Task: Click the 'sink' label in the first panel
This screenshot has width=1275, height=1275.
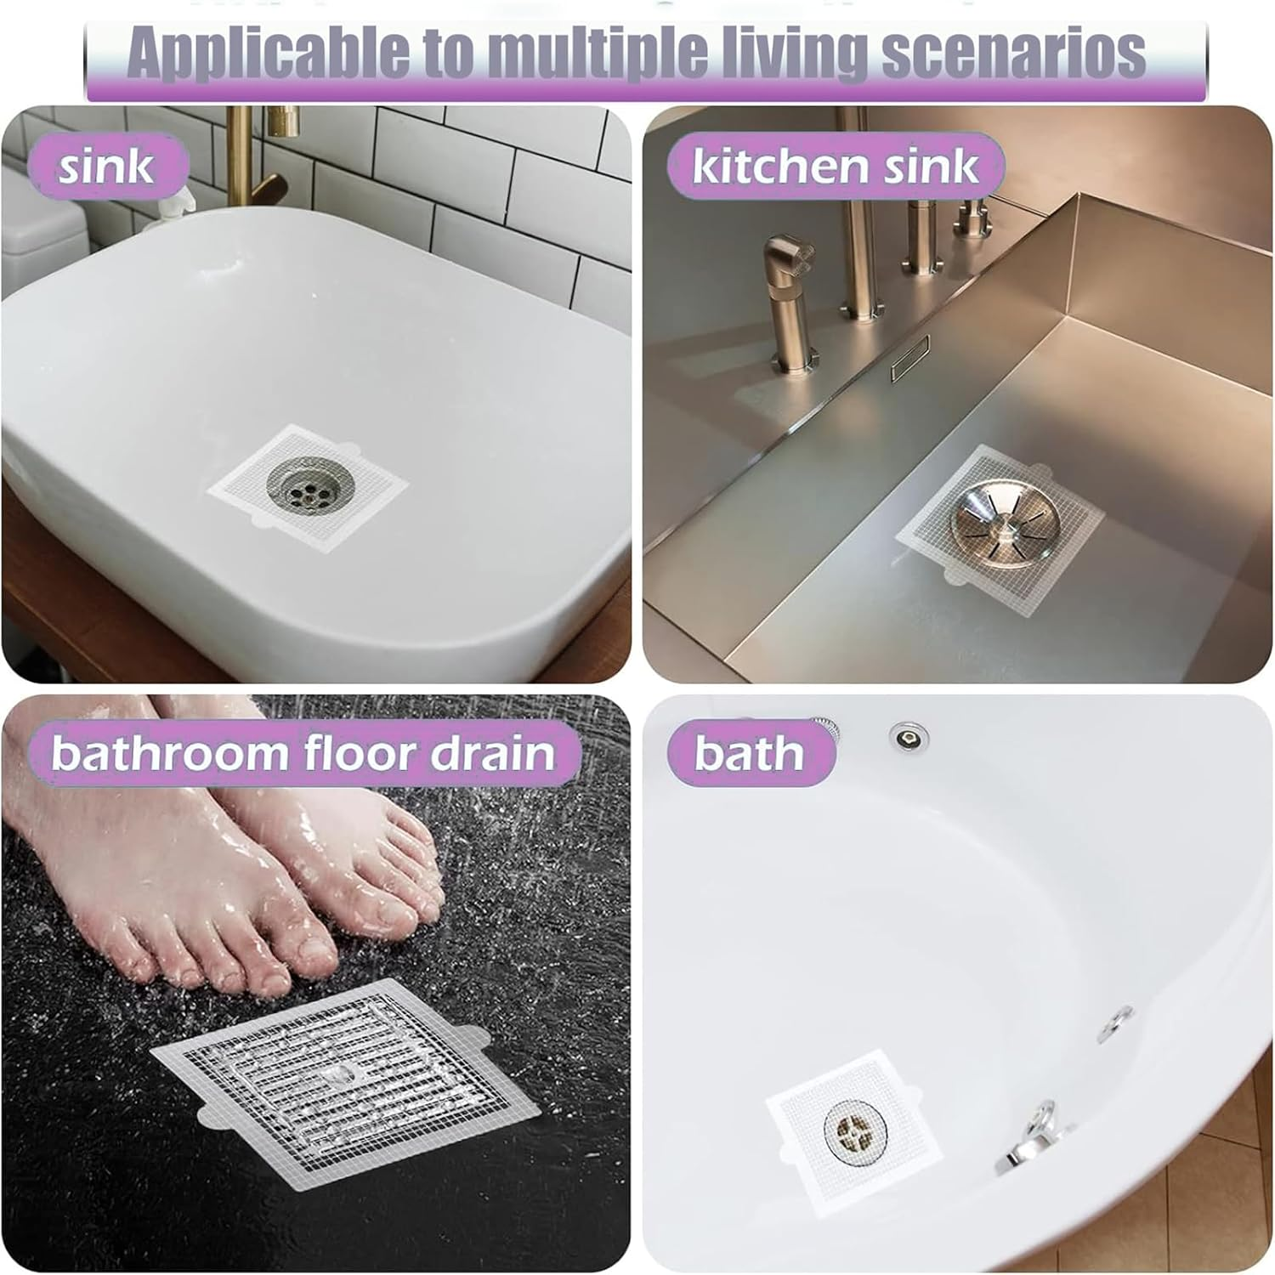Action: click(106, 166)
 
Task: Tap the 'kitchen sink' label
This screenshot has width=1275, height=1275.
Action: click(835, 166)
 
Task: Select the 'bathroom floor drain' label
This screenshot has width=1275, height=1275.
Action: click(303, 753)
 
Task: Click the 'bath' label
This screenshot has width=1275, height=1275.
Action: click(749, 753)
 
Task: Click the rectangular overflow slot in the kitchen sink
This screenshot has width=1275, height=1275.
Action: click(909, 357)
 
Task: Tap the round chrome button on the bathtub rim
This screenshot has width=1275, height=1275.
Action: click(908, 735)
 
